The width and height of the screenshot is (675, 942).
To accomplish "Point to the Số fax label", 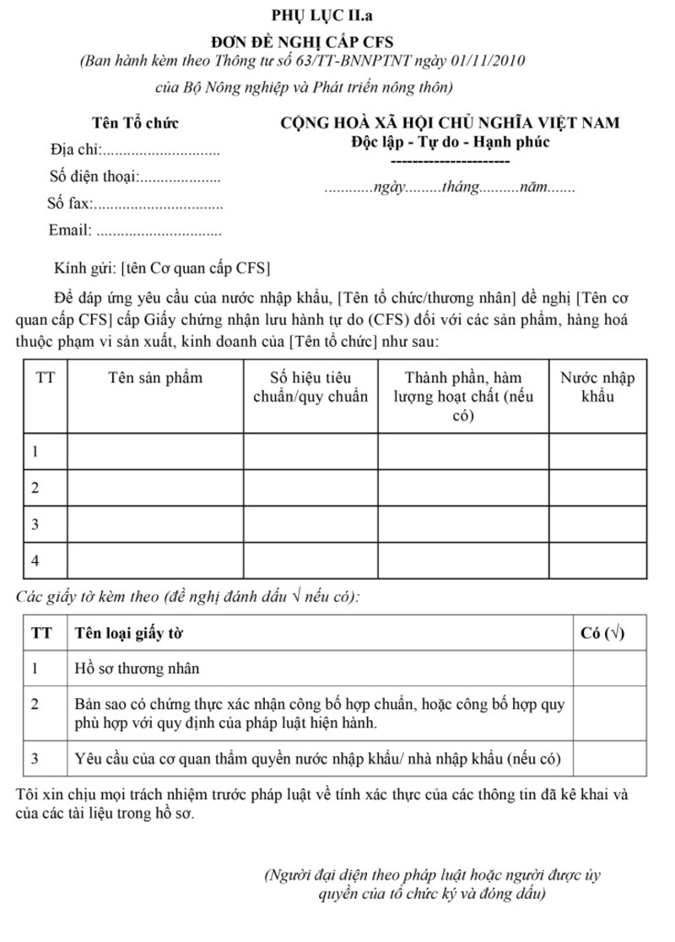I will (x=69, y=203).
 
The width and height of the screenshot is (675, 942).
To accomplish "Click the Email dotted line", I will (x=160, y=230).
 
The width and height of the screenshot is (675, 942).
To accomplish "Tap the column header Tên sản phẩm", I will (x=155, y=377).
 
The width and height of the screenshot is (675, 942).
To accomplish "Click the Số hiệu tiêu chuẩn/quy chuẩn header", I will (x=310, y=386).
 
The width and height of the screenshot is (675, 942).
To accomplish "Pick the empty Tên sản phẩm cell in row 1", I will (x=155, y=452).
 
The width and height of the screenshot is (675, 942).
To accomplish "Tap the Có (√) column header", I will (x=602, y=633).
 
